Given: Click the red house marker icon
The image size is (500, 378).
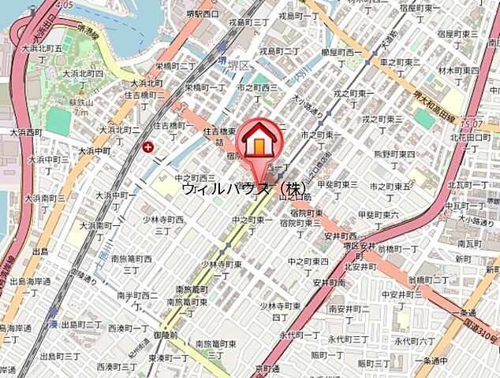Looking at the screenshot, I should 259,139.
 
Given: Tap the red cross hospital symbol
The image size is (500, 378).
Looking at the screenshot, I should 149,146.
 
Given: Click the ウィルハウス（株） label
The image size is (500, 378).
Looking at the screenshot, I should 243,189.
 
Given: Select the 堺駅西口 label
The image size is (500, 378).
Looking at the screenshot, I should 203,13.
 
